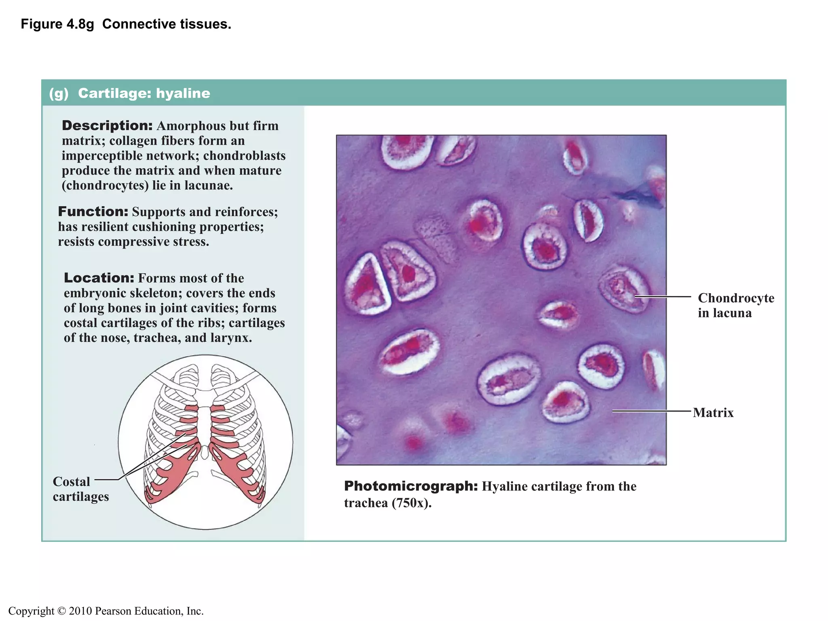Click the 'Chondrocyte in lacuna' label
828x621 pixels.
(735, 305)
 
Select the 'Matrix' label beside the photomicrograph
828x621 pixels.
(713, 413)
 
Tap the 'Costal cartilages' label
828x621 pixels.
(80, 489)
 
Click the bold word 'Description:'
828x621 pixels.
(107, 126)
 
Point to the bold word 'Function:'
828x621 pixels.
(93, 211)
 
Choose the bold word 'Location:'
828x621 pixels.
(99, 278)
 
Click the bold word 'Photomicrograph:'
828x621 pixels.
(411, 486)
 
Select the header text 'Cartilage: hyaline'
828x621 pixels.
(144, 93)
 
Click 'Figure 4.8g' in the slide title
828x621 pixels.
(57, 24)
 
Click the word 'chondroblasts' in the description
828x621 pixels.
(244, 156)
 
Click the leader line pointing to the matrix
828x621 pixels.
(651, 411)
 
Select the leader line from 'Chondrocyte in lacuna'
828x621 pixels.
(663, 297)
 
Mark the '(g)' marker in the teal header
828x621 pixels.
(59, 93)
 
